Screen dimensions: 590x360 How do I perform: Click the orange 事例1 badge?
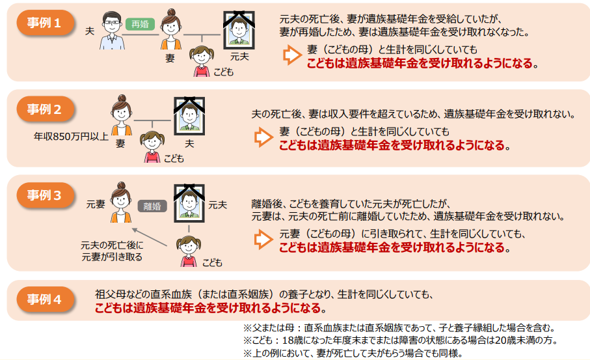point(45,23)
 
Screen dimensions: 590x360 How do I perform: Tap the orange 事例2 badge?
point(45,109)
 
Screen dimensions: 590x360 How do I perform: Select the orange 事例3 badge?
point(45,195)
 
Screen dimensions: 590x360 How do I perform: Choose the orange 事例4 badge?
point(45,299)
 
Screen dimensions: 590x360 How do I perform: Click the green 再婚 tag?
point(140,24)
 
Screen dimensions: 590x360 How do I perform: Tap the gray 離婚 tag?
point(152,206)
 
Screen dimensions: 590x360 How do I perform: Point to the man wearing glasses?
point(112,31)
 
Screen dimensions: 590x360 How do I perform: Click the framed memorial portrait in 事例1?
point(239,30)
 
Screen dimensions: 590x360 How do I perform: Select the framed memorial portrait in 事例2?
point(189,116)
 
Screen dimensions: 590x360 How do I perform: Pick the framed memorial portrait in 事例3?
point(189,203)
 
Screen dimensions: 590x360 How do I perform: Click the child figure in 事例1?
point(202,61)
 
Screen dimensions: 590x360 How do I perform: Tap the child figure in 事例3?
point(189,251)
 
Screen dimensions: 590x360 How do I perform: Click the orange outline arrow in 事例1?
point(292,55)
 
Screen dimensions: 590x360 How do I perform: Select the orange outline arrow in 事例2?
point(263,137)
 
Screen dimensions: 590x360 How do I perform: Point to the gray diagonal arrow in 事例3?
point(150,237)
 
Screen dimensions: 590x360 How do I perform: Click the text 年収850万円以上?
point(71,136)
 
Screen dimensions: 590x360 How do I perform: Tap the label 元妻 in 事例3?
point(96,204)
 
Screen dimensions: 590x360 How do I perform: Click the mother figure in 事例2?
point(121,115)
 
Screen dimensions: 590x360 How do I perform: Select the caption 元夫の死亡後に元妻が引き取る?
point(112,251)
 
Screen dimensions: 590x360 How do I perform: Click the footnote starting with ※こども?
point(400,340)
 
